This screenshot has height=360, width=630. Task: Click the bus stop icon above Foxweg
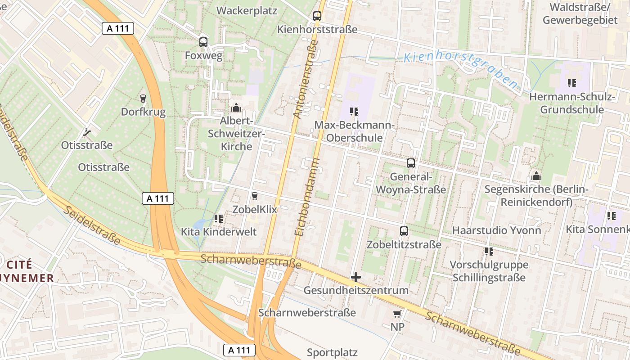[x=203, y=42]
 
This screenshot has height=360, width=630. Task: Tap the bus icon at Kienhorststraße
[x=317, y=16]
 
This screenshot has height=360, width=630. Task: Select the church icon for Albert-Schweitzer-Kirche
[x=236, y=108]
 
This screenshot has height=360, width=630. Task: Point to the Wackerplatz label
[x=247, y=11]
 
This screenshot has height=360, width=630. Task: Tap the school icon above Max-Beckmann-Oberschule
[x=354, y=111]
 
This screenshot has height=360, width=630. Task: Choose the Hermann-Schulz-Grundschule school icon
[x=572, y=83]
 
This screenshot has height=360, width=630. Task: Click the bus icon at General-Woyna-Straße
[x=411, y=163]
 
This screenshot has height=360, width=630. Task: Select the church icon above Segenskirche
[x=536, y=176]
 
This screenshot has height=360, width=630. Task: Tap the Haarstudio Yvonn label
[x=496, y=230]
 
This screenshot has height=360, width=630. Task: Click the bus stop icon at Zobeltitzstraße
[x=404, y=231]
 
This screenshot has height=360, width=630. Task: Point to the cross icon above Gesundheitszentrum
[x=356, y=277]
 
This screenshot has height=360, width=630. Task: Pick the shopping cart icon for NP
[x=397, y=314]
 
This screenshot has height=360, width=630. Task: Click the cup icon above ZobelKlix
[x=255, y=196]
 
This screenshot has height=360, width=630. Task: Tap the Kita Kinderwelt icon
[x=219, y=219]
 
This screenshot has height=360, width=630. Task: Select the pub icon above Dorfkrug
[x=143, y=98]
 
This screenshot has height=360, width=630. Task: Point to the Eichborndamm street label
[x=307, y=197]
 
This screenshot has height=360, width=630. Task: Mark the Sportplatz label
[x=332, y=352]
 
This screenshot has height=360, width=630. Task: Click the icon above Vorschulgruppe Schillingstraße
[x=489, y=252]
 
